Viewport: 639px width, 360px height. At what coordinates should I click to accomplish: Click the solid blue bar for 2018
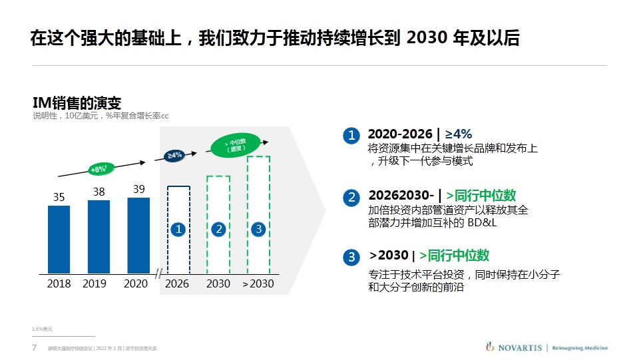pyautogui.click(x=59, y=239)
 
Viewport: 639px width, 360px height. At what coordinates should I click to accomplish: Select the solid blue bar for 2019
pyautogui.click(x=99, y=236)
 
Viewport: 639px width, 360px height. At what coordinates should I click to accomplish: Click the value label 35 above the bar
pyautogui.click(x=59, y=197)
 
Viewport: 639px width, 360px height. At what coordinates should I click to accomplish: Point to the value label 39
pyautogui.click(x=138, y=189)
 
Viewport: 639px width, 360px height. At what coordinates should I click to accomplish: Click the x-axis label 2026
pyautogui.click(x=178, y=283)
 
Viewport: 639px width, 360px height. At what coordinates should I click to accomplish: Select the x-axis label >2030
pyautogui.click(x=258, y=283)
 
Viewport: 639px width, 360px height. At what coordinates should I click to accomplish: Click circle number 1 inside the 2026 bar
pyautogui.click(x=178, y=229)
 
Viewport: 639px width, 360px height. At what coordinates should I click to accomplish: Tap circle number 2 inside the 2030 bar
pyautogui.click(x=218, y=229)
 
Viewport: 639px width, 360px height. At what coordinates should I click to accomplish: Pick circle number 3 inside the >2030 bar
pyautogui.click(x=258, y=229)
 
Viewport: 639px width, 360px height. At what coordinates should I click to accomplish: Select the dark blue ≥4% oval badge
pyautogui.click(x=174, y=155)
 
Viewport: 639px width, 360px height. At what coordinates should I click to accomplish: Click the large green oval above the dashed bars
pyautogui.click(x=235, y=145)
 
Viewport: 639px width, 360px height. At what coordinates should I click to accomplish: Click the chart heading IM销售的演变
pyautogui.click(x=77, y=102)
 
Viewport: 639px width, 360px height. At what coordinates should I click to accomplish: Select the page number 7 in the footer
pyautogui.click(x=34, y=348)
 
